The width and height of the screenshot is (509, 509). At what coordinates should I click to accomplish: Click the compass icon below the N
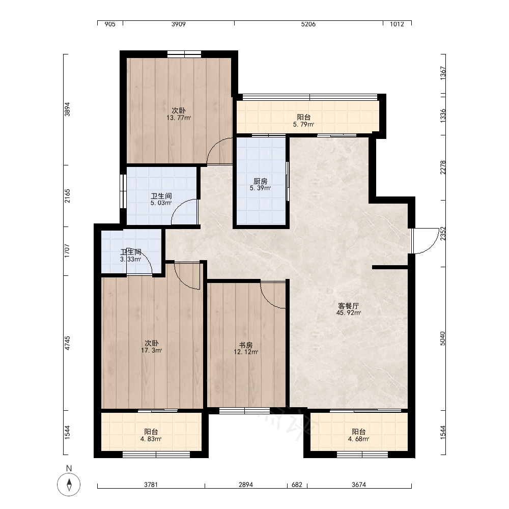point(69,485)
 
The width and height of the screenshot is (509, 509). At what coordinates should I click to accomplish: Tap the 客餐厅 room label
point(348,306)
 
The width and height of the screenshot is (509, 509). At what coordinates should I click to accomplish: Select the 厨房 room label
point(260,181)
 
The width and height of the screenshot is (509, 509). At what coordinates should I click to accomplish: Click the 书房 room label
point(246,345)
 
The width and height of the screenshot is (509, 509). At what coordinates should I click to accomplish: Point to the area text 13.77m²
point(179,118)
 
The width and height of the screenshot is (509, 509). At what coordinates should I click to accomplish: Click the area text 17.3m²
point(151,350)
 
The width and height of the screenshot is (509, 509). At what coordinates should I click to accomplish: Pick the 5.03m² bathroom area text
point(161,203)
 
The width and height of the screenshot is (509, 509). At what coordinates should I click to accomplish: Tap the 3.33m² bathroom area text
point(130,259)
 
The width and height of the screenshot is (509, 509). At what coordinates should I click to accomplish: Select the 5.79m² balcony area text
point(303,124)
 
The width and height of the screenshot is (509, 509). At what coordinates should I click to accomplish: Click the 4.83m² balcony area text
point(151,439)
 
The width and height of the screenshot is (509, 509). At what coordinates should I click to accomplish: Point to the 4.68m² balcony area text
point(358,439)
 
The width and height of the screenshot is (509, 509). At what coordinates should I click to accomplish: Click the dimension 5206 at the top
point(308,24)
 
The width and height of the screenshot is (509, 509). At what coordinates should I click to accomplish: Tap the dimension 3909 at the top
point(179,24)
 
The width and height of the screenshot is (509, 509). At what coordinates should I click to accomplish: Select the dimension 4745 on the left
point(67,343)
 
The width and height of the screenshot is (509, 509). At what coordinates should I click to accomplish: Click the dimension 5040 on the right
point(443,338)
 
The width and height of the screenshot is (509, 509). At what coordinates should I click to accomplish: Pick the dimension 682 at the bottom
point(297,485)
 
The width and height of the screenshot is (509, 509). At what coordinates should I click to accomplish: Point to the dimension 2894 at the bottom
point(246,485)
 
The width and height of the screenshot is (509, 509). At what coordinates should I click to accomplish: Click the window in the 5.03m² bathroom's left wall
point(123,191)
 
